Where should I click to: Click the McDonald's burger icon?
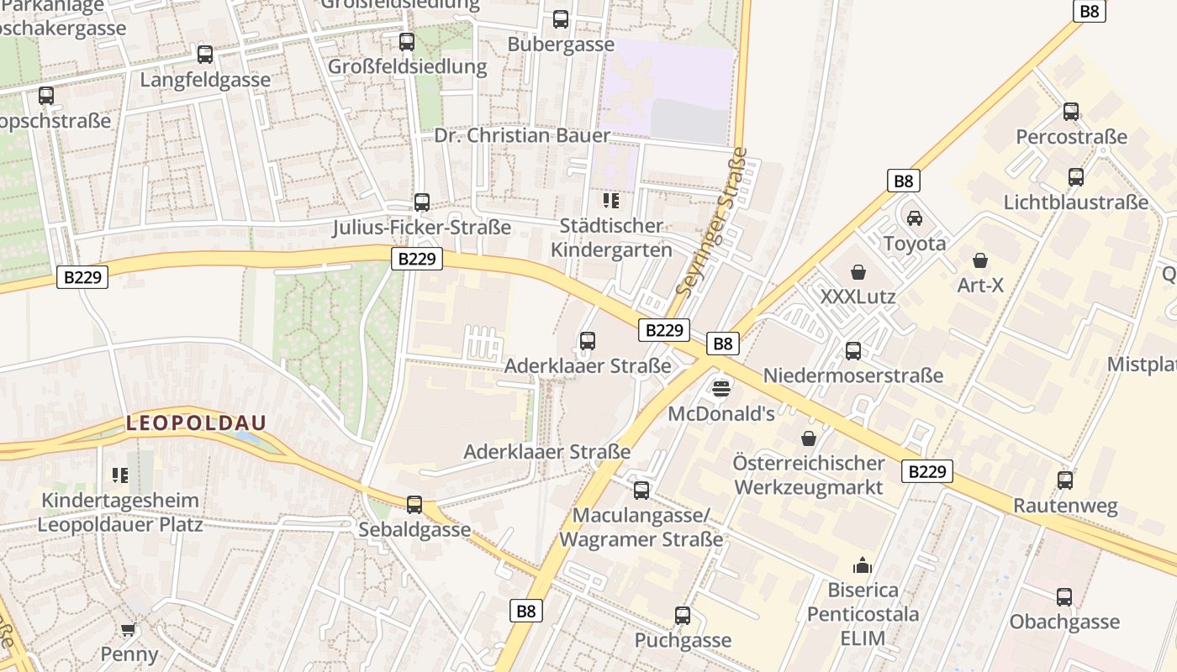coord(721,388)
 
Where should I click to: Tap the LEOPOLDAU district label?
coord(196,423)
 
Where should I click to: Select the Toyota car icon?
coord(914,218)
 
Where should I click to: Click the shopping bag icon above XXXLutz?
coord(858,272)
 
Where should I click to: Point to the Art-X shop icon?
coord(979,260)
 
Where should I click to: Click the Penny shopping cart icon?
coord(129,629)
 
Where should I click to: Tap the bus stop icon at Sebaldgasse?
coord(414,504)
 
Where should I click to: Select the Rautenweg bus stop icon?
coord(1065,480)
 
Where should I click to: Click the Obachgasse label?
coord(1064,622)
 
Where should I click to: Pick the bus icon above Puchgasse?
coord(682,616)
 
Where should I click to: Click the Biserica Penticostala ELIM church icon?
coord(863,564)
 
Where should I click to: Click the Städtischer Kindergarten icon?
coord(611,201)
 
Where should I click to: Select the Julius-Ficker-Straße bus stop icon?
coord(421,202)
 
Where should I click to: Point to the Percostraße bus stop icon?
coord(1070,112)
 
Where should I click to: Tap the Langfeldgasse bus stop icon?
coord(205,55)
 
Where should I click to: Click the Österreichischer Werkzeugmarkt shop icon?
coord(809,438)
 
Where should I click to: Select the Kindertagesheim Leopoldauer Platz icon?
coord(120,475)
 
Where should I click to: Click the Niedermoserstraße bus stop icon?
coord(853,350)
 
